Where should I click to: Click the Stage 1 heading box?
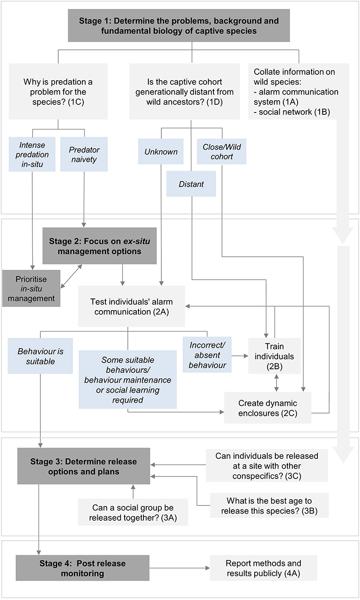(x=178, y=27)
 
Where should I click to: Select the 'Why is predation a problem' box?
(x=58, y=91)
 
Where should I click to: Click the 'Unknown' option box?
(x=160, y=151)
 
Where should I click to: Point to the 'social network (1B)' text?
(x=291, y=112)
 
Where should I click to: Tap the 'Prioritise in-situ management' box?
(x=31, y=288)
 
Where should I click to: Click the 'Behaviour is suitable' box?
(x=40, y=356)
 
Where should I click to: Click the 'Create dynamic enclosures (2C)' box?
(x=267, y=407)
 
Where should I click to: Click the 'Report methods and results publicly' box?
(x=263, y=568)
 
